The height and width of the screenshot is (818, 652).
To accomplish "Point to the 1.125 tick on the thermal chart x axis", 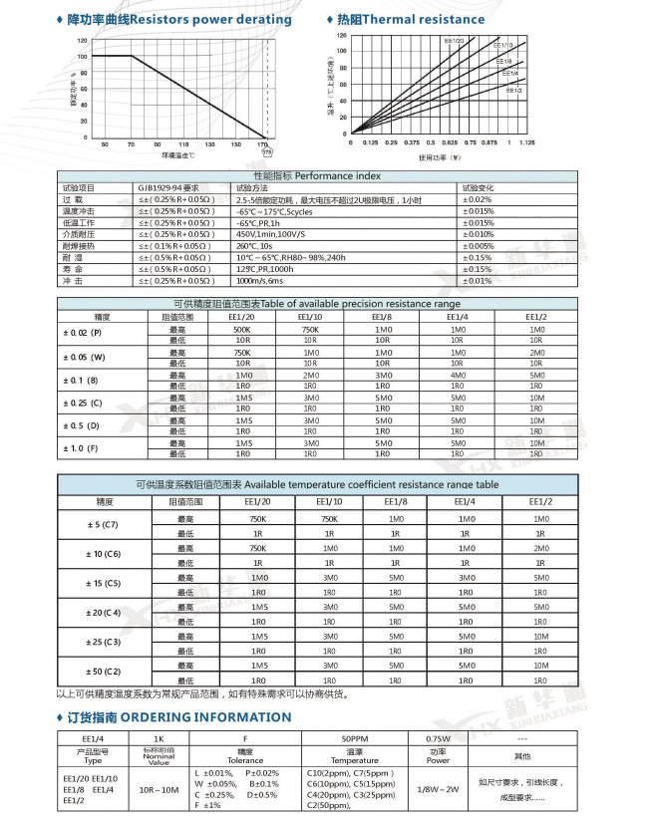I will pyautogui.click(x=528, y=142).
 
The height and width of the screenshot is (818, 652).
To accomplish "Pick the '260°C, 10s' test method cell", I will pyautogui.click(x=256, y=245).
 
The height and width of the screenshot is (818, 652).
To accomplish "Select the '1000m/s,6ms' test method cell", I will pyautogui.click(x=261, y=281).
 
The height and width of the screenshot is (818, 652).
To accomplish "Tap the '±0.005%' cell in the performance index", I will pyautogui.click(x=479, y=245).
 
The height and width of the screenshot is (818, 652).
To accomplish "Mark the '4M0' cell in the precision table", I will pyautogui.click(x=458, y=375).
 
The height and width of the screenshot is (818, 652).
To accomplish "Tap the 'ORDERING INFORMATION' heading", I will pyautogui.click(x=213, y=717).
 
